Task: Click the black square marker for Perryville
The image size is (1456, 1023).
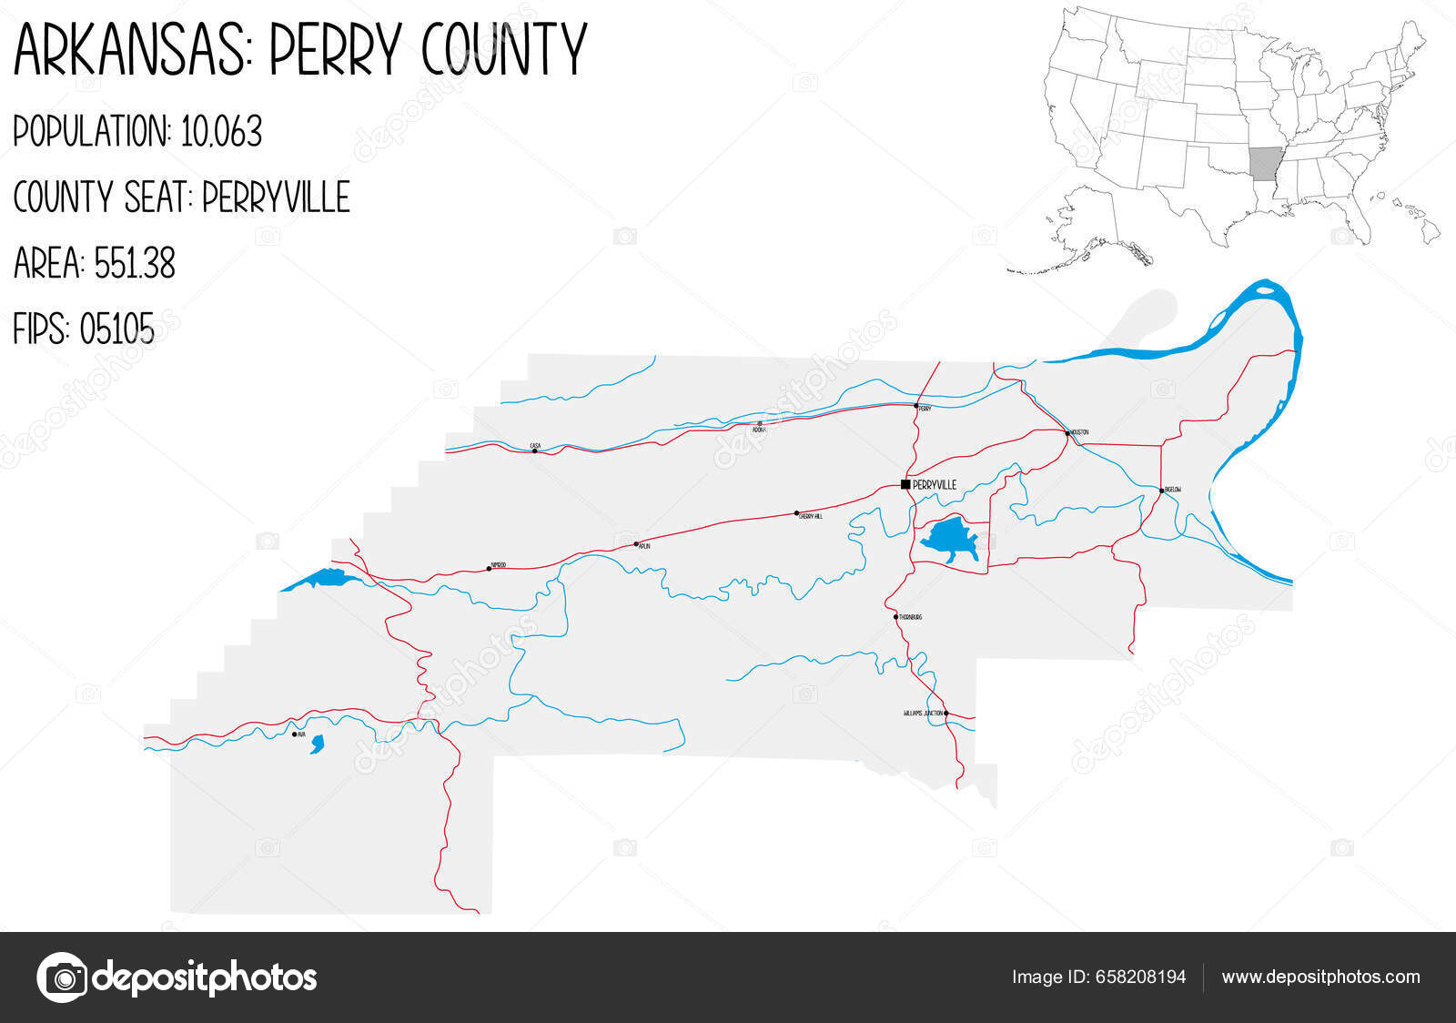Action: [x=905, y=484]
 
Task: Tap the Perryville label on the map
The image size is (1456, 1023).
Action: [x=935, y=485]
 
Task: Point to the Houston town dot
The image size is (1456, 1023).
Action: [x=1067, y=433]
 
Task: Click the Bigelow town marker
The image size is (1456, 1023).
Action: [x=1161, y=490]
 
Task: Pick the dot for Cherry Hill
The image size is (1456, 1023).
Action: [x=796, y=513]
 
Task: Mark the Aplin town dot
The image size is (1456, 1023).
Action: [x=636, y=544]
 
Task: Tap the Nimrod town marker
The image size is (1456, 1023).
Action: [x=489, y=569]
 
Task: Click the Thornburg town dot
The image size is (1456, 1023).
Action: [x=895, y=617]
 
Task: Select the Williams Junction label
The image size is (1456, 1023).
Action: [x=922, y=714]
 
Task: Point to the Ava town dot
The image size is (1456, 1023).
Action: [x=294, y=734]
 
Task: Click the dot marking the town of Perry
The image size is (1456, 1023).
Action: [x=915, y=406]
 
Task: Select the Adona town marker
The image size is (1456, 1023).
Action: [x=759, y=424]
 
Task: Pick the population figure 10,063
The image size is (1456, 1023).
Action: [x=221, y=132]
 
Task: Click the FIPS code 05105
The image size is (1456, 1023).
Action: [x=116, y=329]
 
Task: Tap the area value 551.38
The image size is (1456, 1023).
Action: [x=134, y=264]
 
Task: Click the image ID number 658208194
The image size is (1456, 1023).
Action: [x=1140, y=977]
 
